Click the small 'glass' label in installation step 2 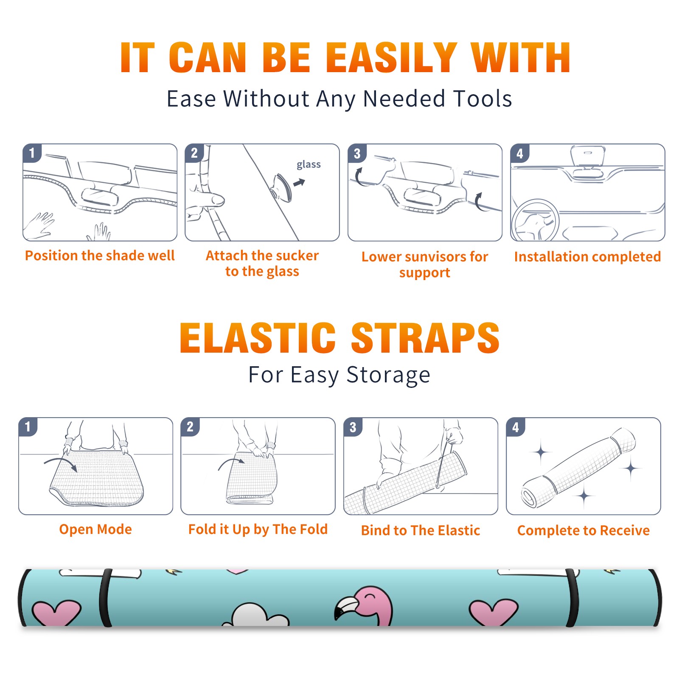pos(309,164)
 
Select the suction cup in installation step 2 pos(282,187)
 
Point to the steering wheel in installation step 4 pos(536,221)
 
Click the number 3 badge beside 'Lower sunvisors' pos(357,153)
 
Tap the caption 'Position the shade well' pos(100,255)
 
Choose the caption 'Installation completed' pos(587,257)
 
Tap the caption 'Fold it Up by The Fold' pos(258,529)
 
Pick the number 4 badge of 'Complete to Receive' pos(516,427)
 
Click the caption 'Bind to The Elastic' pos(421,530)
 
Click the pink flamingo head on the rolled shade pos(369,603)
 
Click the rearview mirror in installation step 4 pos(588,156)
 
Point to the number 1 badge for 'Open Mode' pos(28,427)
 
